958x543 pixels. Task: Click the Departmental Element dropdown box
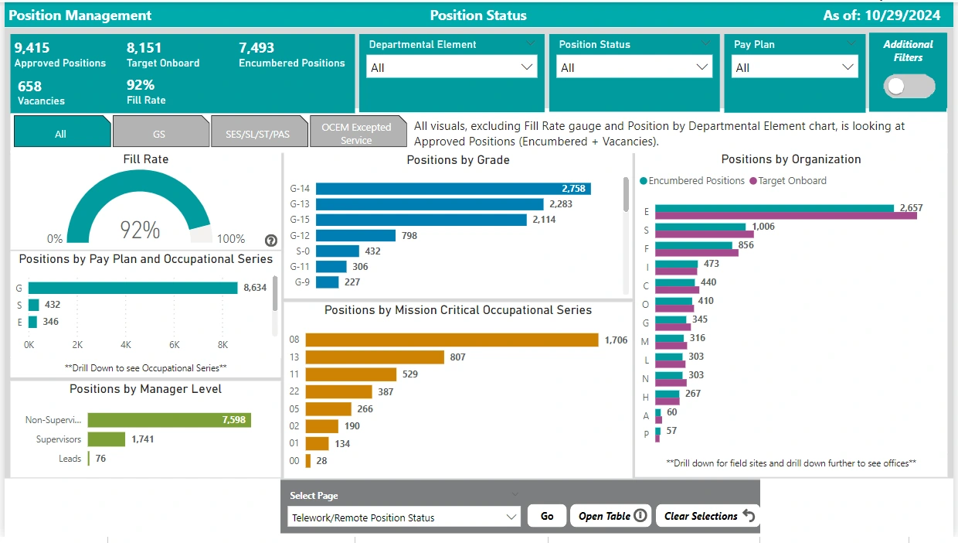(452, 67)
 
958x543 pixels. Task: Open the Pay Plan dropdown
(794, 67)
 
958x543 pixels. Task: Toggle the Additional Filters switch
(909, 87)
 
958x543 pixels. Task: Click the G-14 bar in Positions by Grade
(454, 189)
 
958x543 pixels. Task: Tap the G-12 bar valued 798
(355, 235)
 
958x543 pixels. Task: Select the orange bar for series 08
(452, 340)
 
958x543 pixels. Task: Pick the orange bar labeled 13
(375, 357)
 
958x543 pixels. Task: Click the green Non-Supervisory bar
(169, 420)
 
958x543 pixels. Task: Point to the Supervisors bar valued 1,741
(107, 439)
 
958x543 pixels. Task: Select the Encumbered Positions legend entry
(692, 181)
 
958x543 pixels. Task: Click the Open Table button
(610, 516)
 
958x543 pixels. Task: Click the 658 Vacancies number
(30, 87)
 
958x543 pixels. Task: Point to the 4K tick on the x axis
(126, 344)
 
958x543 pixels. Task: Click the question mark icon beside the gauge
(271, 241)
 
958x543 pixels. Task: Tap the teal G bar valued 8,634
(133, 288)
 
